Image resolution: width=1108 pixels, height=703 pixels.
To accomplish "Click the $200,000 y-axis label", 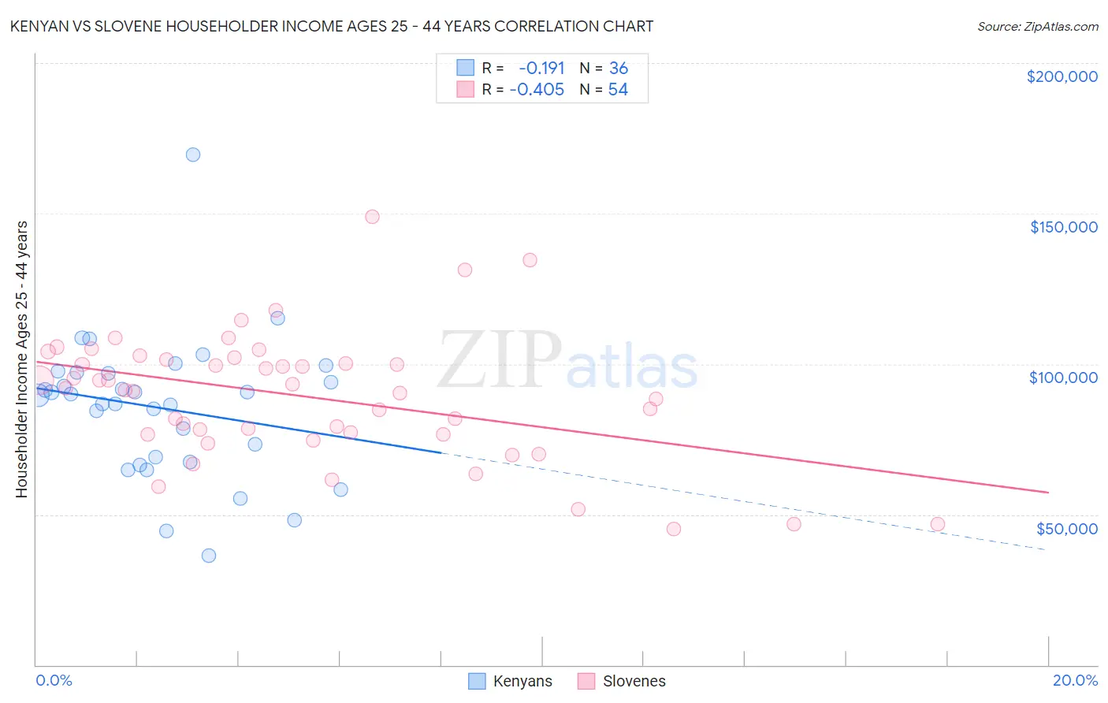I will pyautogui.click(x=1062, y=76).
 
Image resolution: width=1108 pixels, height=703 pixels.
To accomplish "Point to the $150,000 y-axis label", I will pyautogui.click(x=1063, y=227).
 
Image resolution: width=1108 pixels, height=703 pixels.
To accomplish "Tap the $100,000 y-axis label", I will pyautogui.click(x=1063, y=378).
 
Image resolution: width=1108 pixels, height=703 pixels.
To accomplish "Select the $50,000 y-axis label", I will pyautogui.click(x=1066, y=528).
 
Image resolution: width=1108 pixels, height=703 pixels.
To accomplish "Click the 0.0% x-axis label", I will pyautogui.click(x=54, y=680).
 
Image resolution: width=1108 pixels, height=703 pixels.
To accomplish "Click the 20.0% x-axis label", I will pyautogui.click(x=1075, y=680).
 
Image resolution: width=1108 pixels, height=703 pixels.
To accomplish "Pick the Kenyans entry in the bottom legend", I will pyautogui.click(x=511, y=681).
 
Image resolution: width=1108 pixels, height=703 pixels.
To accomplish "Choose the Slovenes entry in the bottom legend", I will pyautogui.click(x=621, y=681).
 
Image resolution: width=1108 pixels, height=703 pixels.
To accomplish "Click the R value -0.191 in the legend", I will pyautogui.click(x=541, y=69).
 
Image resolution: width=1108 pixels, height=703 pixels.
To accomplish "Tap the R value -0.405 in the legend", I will pyautogui.click(x=537, y=90).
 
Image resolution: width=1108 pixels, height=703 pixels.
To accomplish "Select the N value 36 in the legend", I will pyautogui.click(x=619, y=69).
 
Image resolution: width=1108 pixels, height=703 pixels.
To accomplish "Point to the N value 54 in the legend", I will pyautogui.click(x=618, y=90).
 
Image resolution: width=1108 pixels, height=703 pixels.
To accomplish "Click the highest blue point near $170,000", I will pyautogui.click(x=193, y=154).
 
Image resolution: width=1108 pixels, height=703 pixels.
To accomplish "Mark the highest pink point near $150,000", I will pyautogui.click(x=373, y=217).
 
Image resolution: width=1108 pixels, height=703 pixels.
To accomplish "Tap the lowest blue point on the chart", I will pyautogui.click(x=209, y=556).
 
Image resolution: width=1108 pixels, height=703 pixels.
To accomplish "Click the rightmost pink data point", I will pyautogui.click(x=938, y=524).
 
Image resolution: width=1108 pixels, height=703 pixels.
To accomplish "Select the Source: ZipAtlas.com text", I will pyautogui.click(x=1038, y=26).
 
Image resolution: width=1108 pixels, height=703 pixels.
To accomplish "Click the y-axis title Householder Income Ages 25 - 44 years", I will pyautogui.click(x=22, y=359).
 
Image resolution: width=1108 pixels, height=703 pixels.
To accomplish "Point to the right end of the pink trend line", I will pyautogui.click(x=1048, y=492).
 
